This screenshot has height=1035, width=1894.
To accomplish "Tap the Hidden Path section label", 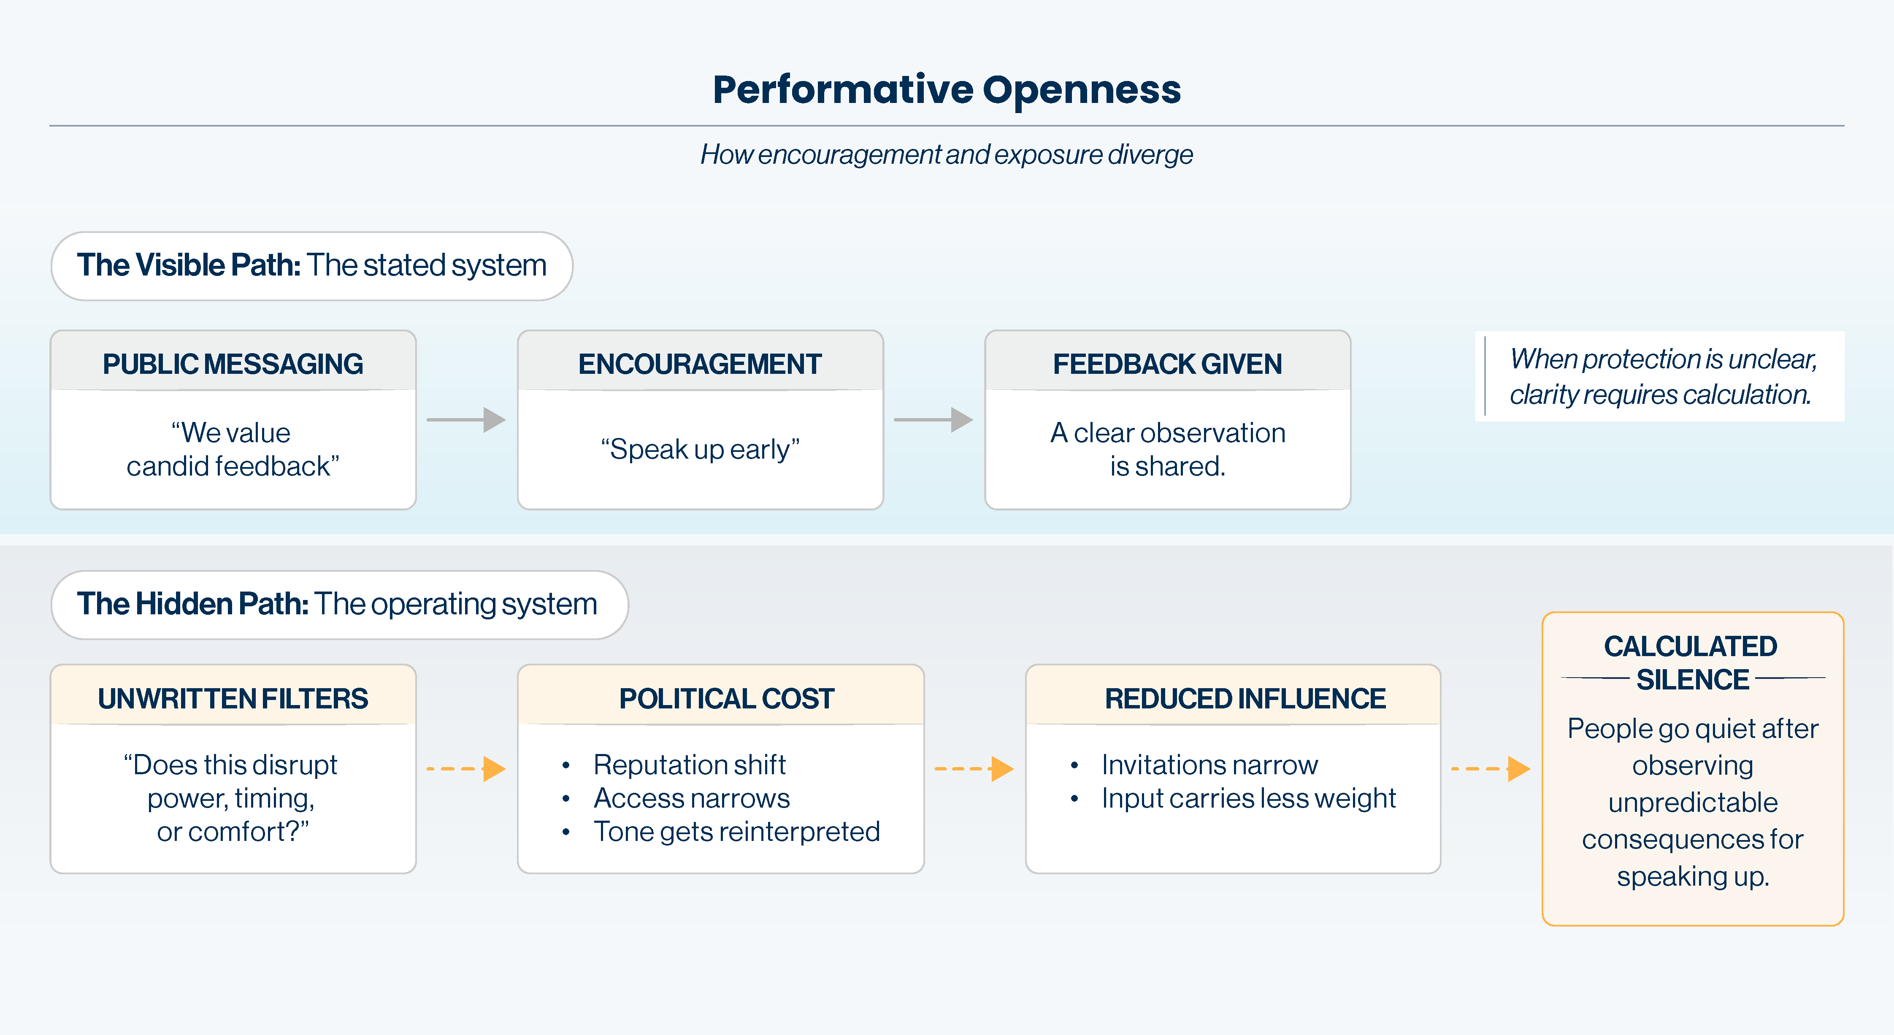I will pos(338,604).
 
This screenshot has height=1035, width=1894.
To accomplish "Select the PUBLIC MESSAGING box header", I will pos(233,364).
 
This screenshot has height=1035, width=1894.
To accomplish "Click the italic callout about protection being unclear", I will pos(1661,376).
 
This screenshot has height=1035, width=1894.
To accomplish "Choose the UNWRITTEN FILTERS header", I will pos(233,698).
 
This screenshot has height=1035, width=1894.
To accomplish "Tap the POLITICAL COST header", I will pos(726,698).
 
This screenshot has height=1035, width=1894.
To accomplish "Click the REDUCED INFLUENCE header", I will pos(1245,698).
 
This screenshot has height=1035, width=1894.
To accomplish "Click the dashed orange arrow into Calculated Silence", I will pos(1491,769).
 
